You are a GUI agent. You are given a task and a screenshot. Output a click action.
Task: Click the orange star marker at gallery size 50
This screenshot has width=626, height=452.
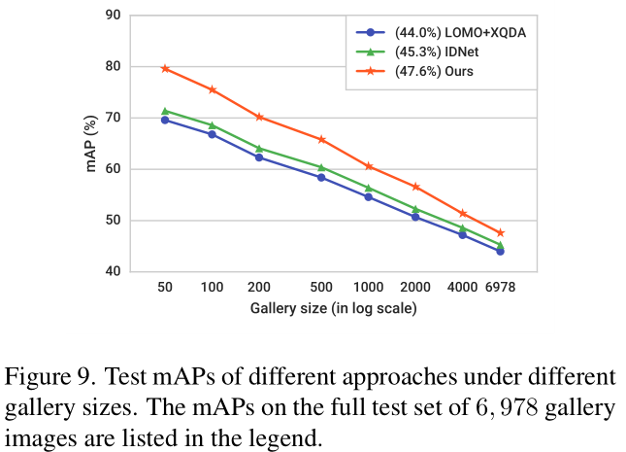(165, 68)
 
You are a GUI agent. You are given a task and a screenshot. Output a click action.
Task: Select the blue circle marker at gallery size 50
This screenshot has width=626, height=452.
(165, 120)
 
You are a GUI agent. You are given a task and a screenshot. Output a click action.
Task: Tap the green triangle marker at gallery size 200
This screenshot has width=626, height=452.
(259, 148)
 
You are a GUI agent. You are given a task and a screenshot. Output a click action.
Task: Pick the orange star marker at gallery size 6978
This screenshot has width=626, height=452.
(501, 232)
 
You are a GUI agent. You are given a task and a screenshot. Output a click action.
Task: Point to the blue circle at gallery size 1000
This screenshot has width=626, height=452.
(369, 196)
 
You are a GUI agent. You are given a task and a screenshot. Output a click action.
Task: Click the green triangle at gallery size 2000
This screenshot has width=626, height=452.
(415, 208)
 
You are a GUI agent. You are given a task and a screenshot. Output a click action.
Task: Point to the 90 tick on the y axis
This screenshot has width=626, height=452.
(113, 16)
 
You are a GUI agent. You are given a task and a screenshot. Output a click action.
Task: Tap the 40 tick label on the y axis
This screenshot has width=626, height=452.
(113, 272)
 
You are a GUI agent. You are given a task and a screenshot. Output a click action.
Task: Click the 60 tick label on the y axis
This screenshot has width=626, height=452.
(113, 169)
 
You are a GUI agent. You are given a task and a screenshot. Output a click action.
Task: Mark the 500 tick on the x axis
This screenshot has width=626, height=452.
(321, 290)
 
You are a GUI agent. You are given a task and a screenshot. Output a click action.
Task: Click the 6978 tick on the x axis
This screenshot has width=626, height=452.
(501, 290)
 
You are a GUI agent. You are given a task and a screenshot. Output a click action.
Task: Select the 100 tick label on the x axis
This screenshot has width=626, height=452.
(212, 290)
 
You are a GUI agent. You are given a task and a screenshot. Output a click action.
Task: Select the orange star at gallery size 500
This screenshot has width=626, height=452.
(321, 139)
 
